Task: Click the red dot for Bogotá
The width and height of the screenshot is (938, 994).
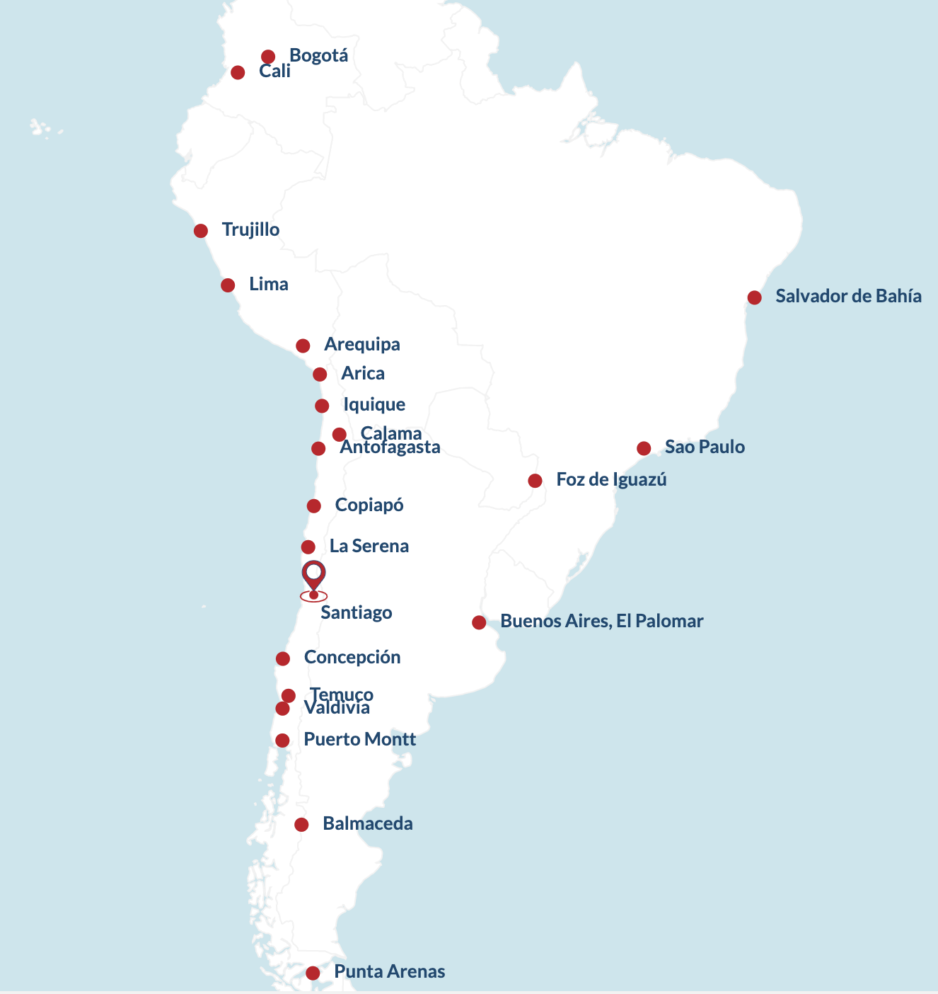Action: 268,57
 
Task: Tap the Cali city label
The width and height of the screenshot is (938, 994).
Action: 274,72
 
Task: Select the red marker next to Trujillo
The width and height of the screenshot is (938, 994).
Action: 201,231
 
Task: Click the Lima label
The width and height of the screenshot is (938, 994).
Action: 269,285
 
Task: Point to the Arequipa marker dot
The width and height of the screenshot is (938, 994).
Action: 303,345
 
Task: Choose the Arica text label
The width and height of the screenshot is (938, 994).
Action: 363,373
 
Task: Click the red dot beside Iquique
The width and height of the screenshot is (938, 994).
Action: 322,406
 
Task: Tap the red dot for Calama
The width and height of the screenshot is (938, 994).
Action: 340,435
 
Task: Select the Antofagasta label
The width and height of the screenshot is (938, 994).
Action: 390,447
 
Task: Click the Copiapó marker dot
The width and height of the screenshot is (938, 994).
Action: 314,505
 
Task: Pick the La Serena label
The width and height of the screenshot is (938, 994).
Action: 369,546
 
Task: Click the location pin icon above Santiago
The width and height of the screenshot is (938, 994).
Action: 313,576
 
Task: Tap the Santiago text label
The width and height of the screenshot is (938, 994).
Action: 357,612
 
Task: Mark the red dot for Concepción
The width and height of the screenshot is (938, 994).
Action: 283,658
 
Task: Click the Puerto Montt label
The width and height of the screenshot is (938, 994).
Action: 359,740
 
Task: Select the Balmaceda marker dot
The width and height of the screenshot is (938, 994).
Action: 301,824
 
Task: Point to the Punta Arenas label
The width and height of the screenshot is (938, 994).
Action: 390,971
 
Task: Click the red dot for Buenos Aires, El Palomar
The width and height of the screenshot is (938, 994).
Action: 479,622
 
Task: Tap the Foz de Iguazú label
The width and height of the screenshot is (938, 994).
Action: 612,480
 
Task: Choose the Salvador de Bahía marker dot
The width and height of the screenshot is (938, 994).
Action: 755,297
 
